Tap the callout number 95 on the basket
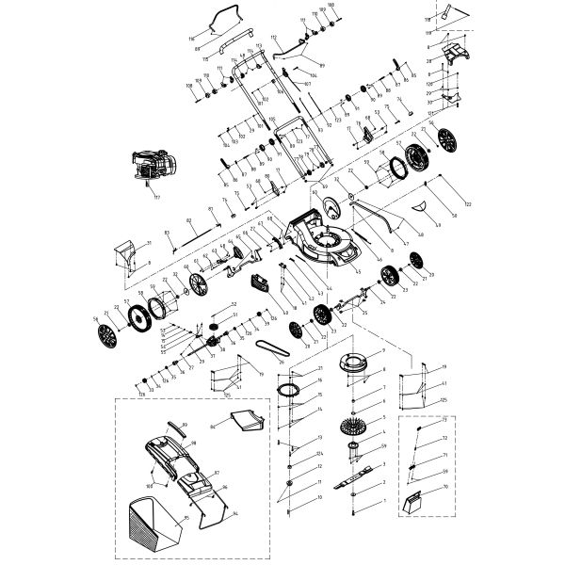point(187,517)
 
